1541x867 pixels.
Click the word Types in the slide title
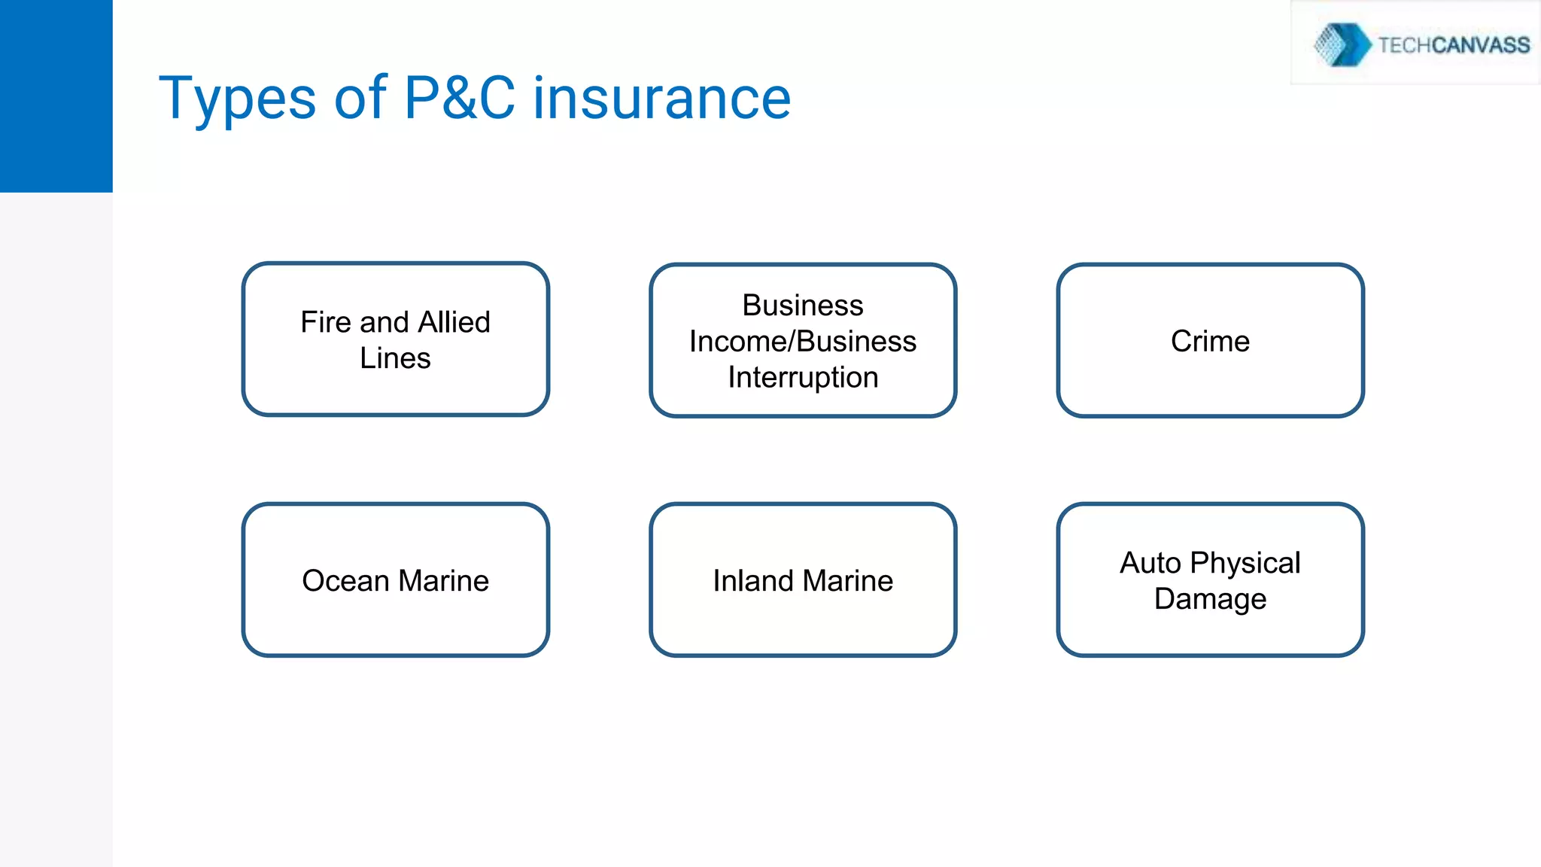pyautogui.click(x=237, y=99)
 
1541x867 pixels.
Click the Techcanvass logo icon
pyautogui.click(x=1342, y=44)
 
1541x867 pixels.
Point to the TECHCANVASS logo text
pyautogui.click(x=1453, y=45)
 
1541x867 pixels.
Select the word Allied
pyautogui.click(x=454, y=322)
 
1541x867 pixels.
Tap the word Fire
pyautogui.click(x=326, y=322)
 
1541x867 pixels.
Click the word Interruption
pyautogui.click(x=803, y=377)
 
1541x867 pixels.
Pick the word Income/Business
pyautogui.click(x=803, y=342)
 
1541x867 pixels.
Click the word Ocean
pyautogui.click(x=345, y=581)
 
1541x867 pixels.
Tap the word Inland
pyautogui.click(x=752, y=581)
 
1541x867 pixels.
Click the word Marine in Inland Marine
pyautogui.click(x=848, y=581)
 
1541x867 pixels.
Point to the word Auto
pyautogui.click(x=1150, y=563)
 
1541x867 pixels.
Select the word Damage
pyautogui.click(x=1210, y=599)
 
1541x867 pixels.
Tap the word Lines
pyautogui.click(x=395, y=358)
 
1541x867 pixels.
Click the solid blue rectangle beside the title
pyautogui.click(x=56, y=96)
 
